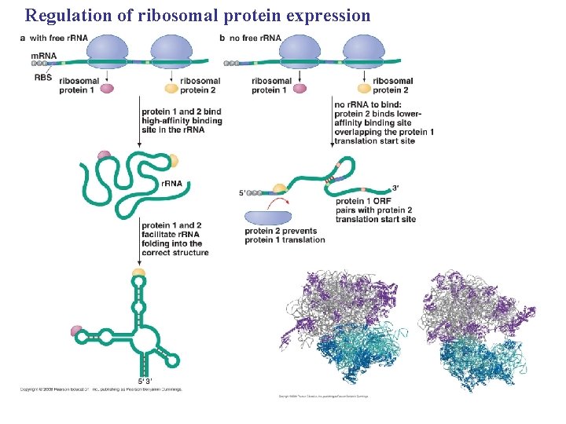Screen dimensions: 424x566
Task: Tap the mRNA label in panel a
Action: click(43, 56)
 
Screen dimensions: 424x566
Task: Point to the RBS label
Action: click(42, 77)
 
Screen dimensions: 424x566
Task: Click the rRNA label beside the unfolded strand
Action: click(171, 183)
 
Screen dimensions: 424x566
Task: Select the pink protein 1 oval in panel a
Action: click(107, 88)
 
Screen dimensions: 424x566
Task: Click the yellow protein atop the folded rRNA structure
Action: click(139, 273)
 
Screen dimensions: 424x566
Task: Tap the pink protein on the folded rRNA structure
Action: click(77, 330)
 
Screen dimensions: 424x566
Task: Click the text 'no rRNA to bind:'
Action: click(368, 104)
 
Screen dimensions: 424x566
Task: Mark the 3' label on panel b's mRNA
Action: click(395, 188)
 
